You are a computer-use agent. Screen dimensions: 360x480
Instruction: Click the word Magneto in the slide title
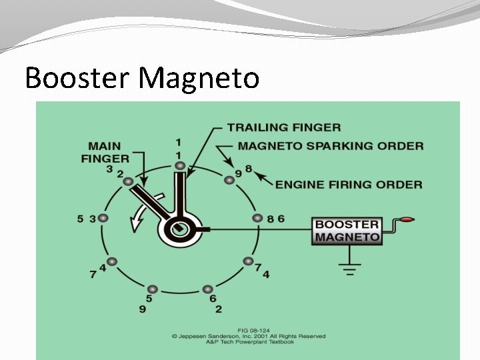tap(199, 78)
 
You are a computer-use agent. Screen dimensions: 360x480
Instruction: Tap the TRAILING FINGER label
tap(283, 127)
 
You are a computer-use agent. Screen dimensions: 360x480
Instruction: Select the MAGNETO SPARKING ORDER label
tap(331, 146)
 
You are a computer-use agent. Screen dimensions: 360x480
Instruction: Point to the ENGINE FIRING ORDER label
tap(349, 184)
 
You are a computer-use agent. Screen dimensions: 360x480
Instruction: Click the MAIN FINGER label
tap(105, 152)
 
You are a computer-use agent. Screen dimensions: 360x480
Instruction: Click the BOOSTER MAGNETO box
tap(347, 230)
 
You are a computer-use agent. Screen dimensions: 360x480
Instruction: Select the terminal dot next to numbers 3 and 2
tap(129, 181)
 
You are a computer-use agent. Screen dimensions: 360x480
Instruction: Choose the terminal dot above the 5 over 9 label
tap(152, 289)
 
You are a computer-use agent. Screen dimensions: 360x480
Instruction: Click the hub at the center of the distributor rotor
tap(178, 229)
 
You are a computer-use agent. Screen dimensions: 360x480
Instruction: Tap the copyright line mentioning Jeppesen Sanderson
tap(246, 336)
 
